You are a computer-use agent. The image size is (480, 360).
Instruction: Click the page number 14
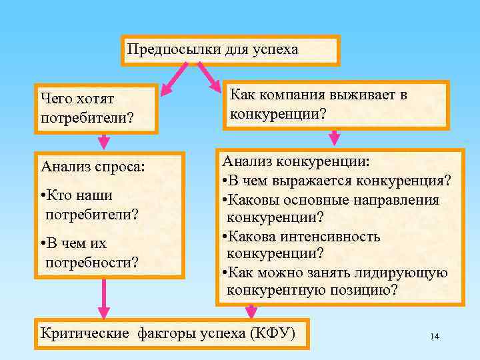pyautogui.click(x=435, y=337)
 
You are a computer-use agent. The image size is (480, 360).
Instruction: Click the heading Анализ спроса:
pyautogui.click(x=92, y=165)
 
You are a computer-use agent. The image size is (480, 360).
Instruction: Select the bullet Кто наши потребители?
pyautogui.click(x=90, y=205)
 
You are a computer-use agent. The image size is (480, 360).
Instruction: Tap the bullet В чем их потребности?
pyautogui.click(x=90, y=253)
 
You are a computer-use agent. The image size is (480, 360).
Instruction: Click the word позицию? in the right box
pyautogui.click(x=365, y=290)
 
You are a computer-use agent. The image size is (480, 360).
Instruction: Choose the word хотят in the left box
pyautogui.click(x=96, y=99)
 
